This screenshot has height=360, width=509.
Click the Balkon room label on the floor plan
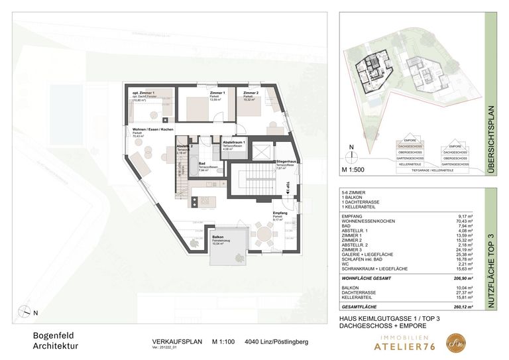tap(199, 235)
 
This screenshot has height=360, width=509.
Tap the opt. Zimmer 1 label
tap(144, 93)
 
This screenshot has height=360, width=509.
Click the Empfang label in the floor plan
tap(280, 213)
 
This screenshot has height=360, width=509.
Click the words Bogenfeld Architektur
tap(56, 340)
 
